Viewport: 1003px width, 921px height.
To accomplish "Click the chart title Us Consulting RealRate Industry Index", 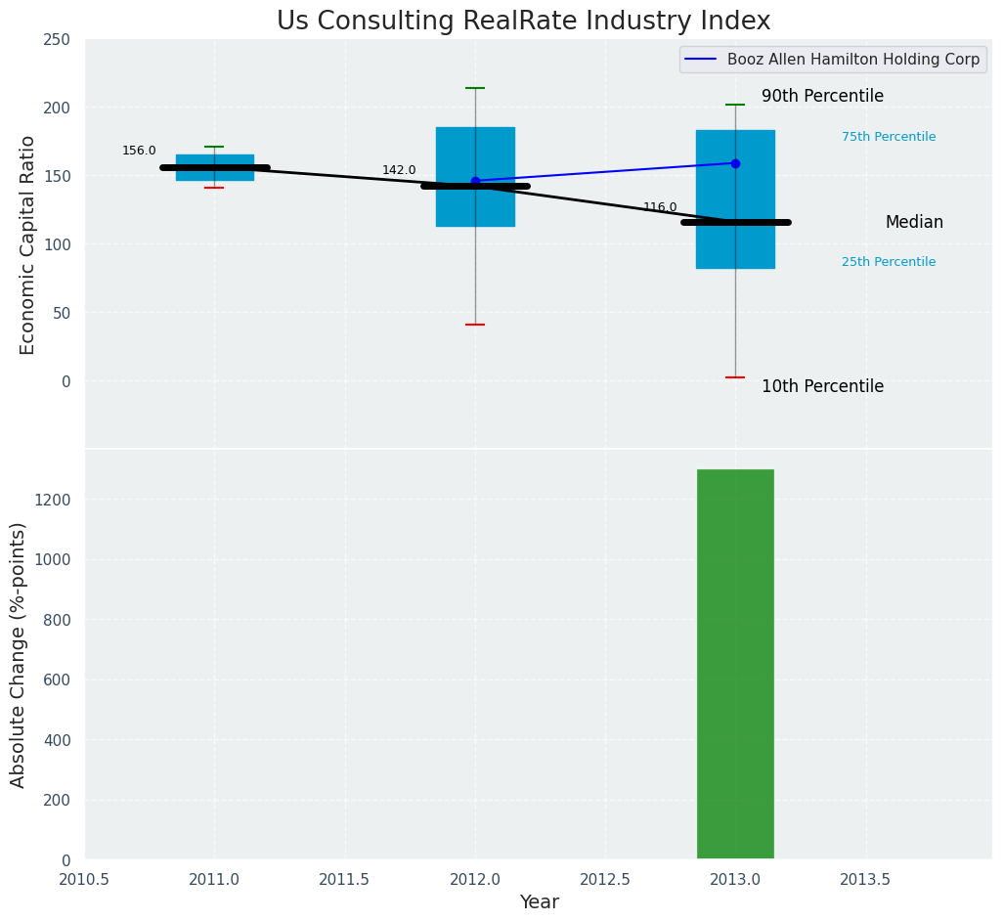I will point(523,22).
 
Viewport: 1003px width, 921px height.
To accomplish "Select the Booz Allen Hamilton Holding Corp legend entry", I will point(830,60).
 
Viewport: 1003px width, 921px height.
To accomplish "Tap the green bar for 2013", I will point(735,664).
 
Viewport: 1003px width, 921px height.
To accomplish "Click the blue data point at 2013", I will point(735,163).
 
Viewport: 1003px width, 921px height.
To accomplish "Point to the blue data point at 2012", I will point(475,181).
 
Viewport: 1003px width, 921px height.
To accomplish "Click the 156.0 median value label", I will point(139,151).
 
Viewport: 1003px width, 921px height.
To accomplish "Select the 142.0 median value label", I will point(399,170).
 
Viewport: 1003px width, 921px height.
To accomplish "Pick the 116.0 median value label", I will point(660,207).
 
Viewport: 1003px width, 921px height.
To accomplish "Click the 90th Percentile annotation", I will point(822,96).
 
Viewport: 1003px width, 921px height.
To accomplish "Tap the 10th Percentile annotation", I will point(822,386).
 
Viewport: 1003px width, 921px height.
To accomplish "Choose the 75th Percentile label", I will point(889,137).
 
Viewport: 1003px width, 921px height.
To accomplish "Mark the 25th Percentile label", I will point(889,262).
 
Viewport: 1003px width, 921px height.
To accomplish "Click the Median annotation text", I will point(914,222).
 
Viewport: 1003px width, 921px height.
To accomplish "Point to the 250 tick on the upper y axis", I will point(57,39).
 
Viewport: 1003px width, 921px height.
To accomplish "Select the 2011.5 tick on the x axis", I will point(345,879).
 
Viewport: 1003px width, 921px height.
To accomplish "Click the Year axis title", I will point(539,902).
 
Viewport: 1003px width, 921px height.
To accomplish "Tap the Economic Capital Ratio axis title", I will point(27,244).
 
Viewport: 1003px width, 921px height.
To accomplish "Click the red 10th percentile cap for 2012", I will point(475,325).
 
